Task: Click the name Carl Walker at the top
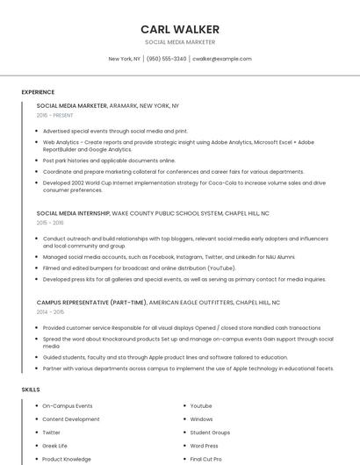click(x=179, y=29)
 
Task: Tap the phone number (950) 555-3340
click(x=167, y=59)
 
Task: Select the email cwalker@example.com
click(x=221, y=59)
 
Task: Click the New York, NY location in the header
click(x=124, y=59)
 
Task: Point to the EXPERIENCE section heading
click(x=38, y=92)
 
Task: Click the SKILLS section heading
click(x=31, y=389)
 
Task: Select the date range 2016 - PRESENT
click(x=55, y=115)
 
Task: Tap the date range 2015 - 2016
click(x=50, y=223)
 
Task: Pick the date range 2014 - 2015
click(x=50, y=311)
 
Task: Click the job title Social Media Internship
click(x=73, y=213)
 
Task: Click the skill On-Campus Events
click(x=68, y=406)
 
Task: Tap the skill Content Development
click(x=71, y=419)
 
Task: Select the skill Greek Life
click(x=55, y=446)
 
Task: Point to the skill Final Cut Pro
click(x=205, y=459)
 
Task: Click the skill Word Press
click(x=204, y=446)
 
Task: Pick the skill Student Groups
click(x=210, y=433)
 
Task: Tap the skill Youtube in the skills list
click(x=201, y=406)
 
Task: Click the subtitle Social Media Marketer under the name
click(x=179, y=42)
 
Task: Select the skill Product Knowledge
click(x=67, y=459)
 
